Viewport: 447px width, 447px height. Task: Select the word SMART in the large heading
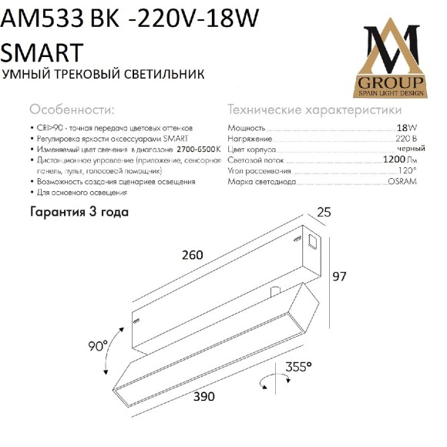click(42, 52)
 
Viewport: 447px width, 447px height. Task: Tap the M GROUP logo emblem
click(391, 59)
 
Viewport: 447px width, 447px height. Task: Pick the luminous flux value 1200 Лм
click(401, 160)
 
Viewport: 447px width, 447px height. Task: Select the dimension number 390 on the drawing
click(203, 396)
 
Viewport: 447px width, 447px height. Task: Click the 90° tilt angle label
click(98, 346)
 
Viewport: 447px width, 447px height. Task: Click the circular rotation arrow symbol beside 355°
click(267, 381)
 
